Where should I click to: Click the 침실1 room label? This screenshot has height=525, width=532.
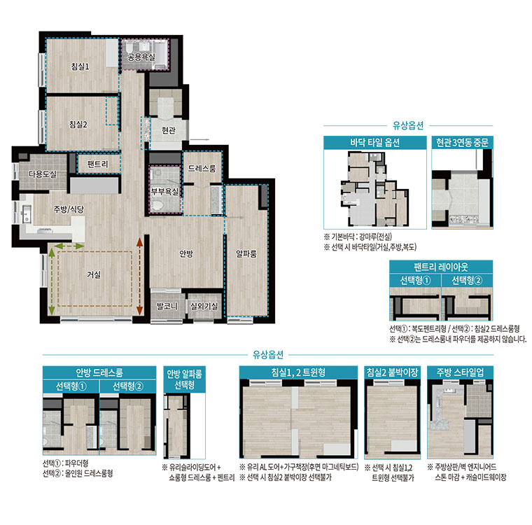pos(80,66)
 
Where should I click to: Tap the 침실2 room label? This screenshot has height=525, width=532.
pos(78,124)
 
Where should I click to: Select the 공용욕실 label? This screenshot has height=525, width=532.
pos(141,57)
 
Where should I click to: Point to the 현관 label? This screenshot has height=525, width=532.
pos(169,130)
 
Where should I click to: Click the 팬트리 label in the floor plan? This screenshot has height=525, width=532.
pos(98,164)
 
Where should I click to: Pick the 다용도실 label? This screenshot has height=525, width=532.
pos(43,174)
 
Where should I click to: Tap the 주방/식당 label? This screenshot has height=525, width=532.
pos(69,209)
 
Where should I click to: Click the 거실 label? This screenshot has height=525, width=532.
pos(94,274)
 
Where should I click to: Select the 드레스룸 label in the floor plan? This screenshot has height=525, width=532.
pos(202,168)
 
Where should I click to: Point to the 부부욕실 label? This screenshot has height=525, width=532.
pos(165,192)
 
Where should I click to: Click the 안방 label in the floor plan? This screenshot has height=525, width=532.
pos(186,253)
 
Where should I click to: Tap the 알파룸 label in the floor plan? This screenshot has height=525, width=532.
pos(246,253)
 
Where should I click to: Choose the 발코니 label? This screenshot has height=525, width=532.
pos(167,307)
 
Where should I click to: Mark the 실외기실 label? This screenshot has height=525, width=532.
pos(204,307)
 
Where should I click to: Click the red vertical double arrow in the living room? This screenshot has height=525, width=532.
pos(139,276)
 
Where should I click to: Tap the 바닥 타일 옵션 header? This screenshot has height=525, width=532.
pos(375,143)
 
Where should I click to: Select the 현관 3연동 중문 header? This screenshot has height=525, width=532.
pos(462,143)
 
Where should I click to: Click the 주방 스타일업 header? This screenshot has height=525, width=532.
pos(460,372)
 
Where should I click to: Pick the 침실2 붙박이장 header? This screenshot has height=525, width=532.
pos(392,372)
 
